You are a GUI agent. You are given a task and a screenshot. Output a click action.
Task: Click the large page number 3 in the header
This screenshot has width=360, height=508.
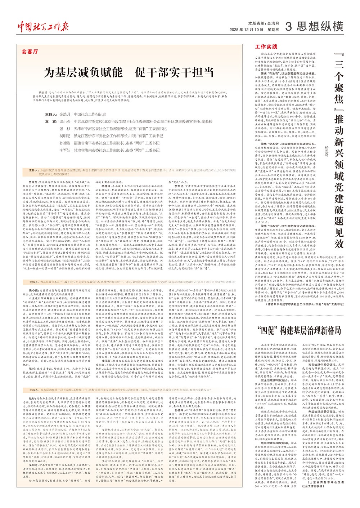[x=288, y=26]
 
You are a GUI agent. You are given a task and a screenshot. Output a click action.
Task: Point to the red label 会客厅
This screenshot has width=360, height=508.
[x=30, y=52]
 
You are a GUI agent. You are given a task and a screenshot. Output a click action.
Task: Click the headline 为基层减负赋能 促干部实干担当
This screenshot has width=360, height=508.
[x=129, y=72]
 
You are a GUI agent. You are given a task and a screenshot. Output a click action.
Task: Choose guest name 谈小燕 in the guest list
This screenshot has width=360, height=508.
[x=65, y=122]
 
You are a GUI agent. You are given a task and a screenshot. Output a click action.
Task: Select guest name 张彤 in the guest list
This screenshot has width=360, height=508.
[x=65, y=129]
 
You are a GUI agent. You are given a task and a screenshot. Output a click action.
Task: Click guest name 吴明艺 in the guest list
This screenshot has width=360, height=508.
[x=65, y=136]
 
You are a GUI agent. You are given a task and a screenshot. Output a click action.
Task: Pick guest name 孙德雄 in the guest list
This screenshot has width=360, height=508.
[x=65, y=143]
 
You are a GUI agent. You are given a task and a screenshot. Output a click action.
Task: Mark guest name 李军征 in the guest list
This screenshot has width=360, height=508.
[x=65, y=150]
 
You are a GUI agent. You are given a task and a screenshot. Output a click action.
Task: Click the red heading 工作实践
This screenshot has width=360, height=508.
[x=266, y=47]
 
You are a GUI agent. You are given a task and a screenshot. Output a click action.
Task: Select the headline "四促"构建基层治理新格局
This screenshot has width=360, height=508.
[x=299, y=330]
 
